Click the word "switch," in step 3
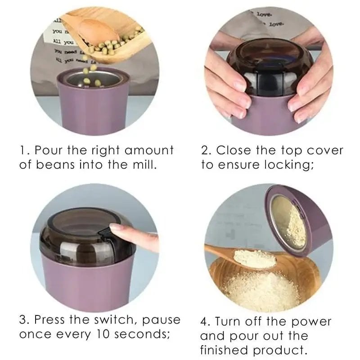coord(117,320)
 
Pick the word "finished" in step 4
coord(227,351)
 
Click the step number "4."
coord(206,322)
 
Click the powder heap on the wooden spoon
coord(249,257)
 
